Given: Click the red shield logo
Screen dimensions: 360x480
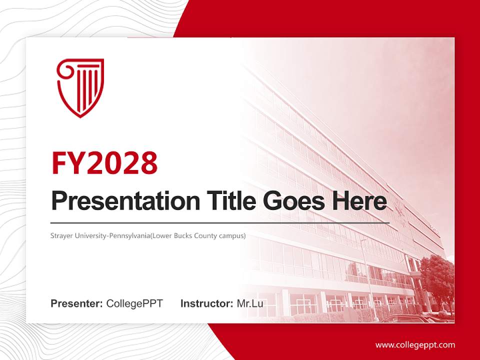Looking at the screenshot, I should pyautogui.click(x=80, y=87).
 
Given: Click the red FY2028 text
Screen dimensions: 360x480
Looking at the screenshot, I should pyautogui.click(x=104, y=163).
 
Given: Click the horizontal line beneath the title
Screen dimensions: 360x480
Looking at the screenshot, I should pyautogui.click(x=220, y=222).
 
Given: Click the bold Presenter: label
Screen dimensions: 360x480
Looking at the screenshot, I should pyautogui.click(x=77, y=303).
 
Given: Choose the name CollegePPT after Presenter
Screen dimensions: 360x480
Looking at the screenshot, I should pyautogui.click(x=134, y=303).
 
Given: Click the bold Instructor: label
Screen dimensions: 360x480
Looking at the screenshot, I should pyautogui.click(x=206, y=303).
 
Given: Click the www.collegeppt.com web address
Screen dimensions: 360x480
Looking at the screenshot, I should pyautogui.click(x=415, y=344).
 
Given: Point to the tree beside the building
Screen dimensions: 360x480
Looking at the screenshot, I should pyautogui.click(x=437, y=280).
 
